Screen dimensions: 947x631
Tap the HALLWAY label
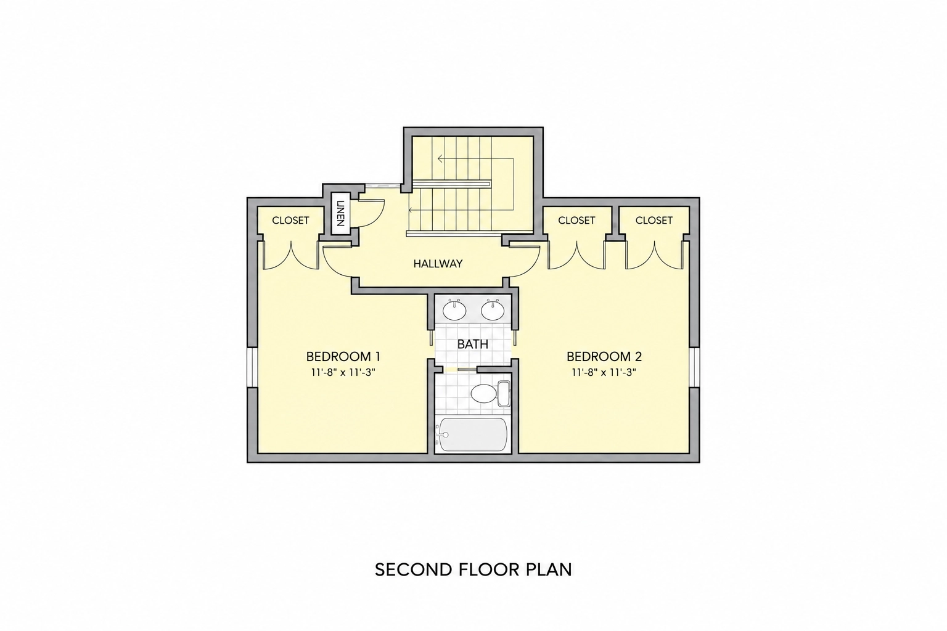pos(438,264)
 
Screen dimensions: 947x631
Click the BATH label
pos(473,344)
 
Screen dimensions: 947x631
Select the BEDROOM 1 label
pos(343,357)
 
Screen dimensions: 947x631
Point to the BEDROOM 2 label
pos(604,357)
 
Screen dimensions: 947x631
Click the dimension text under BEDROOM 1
pos(343,373)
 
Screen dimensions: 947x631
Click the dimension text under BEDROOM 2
pos(604,373)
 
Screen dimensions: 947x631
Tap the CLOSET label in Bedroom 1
pos(290,220)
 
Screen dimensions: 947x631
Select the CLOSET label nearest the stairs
pos(576,220)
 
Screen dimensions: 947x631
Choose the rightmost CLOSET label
pos(654,220)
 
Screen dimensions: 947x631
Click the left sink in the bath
pos(454,311)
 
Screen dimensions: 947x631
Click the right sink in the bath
pos(493,311)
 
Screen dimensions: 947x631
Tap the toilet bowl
pos(483,394)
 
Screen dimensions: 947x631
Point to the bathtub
pos(473,435)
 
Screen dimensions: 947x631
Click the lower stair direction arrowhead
pos(411,210)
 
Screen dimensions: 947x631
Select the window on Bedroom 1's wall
pos(252,367)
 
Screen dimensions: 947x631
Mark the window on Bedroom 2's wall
pos(695,367)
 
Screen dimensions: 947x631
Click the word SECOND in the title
pos(414,570)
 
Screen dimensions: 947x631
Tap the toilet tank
pos(504,394)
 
